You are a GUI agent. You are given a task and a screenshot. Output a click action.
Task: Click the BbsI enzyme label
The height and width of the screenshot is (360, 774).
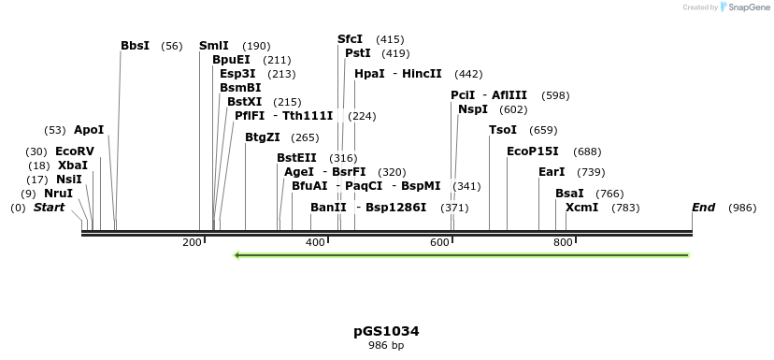[135, 46]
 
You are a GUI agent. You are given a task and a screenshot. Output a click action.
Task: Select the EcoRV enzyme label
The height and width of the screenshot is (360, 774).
[75, 151]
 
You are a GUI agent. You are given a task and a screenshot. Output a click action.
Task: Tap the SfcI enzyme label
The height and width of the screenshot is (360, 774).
[350, 39]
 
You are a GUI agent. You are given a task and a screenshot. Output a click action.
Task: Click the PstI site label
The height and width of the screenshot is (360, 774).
[357, 53]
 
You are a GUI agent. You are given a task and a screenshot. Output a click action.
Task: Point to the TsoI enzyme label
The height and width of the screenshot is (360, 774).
[502, 130]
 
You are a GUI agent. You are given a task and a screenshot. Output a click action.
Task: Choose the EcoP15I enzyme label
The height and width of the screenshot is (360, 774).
[532, 151]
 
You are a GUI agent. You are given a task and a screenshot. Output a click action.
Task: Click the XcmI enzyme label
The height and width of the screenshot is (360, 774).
[581, 208]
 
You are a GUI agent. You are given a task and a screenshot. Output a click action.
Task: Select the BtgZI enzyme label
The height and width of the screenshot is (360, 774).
[262, 137]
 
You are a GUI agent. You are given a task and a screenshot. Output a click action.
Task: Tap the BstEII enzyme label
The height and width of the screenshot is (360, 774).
[296, 158]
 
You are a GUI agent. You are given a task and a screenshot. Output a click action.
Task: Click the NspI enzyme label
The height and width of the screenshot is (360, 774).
[472, 109]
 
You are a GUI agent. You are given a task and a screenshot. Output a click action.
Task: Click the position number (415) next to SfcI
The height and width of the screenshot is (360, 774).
[390, 39]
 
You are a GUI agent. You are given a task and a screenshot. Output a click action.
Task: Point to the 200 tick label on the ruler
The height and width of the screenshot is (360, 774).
[193, 243]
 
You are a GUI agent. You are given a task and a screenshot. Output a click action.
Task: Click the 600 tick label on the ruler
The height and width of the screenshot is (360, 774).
[440, 243]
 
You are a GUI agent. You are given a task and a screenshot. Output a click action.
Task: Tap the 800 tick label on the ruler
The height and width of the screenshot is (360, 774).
[563, 243]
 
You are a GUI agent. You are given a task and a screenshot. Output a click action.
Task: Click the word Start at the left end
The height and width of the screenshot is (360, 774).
[49, 208]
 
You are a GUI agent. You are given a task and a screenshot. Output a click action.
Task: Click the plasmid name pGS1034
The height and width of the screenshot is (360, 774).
[386, 331]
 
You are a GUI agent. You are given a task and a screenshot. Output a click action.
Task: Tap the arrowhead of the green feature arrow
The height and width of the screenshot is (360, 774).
[238, 254]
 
